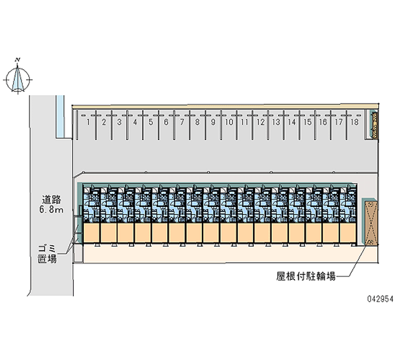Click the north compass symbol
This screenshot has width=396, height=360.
18,79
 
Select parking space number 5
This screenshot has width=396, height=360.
150,122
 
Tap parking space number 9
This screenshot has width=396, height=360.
213,122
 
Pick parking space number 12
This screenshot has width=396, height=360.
260,122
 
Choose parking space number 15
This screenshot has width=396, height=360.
307,122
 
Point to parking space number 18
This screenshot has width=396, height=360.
354,122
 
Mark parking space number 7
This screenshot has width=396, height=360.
182,122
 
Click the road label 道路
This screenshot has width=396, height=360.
51,201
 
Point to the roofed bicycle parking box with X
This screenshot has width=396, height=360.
370,222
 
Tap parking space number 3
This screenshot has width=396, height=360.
119,122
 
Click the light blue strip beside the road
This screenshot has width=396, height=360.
60,116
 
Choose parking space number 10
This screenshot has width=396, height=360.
229,122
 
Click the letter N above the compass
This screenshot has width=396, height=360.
18,59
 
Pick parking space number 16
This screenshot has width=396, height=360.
323,122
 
